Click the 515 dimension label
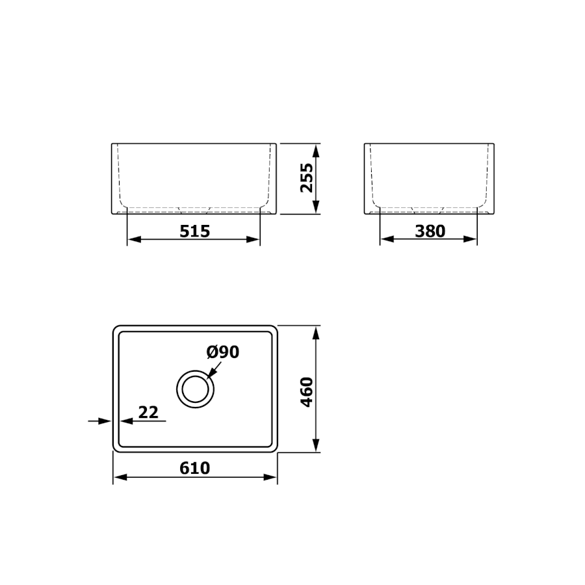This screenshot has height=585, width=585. (195, 231)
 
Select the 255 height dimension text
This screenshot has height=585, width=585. (307, 178)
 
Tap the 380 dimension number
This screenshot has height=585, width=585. (430, 231)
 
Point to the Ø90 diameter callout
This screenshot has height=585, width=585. (223, 352)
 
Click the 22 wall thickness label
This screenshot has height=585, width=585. (148, 412)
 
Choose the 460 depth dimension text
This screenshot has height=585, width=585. (307, 392)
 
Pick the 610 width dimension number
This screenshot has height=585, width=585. (195, 468)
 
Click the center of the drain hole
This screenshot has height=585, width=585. (195, 389)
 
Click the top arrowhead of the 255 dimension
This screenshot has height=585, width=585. (316, 151)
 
